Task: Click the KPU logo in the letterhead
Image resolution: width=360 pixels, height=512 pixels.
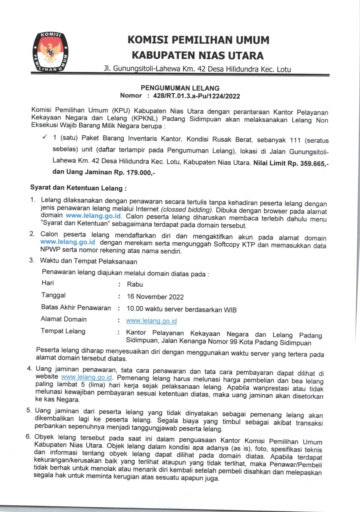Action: pos(50,52)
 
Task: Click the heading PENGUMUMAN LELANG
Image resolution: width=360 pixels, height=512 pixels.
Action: pos(180,88)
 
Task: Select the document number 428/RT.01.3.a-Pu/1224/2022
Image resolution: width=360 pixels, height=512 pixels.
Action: pos(196,96)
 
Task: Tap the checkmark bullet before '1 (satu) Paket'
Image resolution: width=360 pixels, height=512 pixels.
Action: pos(45,137)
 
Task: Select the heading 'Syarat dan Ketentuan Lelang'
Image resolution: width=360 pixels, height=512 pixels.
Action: pos(78,188)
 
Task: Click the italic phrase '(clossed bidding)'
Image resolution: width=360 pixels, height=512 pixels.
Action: pos(187,209)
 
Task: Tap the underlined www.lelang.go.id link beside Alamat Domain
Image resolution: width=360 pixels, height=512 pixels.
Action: pos(151,321)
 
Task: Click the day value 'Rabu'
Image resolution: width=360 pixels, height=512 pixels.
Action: pos(135,284)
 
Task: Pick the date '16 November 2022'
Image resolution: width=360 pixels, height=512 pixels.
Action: pos(155,297)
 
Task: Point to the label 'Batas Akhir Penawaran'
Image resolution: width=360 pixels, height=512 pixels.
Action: pos(76,307)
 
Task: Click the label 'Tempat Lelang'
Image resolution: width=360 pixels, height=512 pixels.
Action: pos(63,331)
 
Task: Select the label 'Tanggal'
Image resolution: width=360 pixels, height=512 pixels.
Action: pos(53,295)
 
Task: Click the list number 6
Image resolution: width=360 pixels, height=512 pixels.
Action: pos(28,436)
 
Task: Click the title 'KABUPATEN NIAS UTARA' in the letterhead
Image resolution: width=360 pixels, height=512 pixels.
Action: pos(198,55)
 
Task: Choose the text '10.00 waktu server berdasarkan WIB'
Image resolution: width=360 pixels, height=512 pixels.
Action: pos(181,309)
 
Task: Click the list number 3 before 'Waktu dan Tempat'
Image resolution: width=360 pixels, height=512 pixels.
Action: pos(32,260)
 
